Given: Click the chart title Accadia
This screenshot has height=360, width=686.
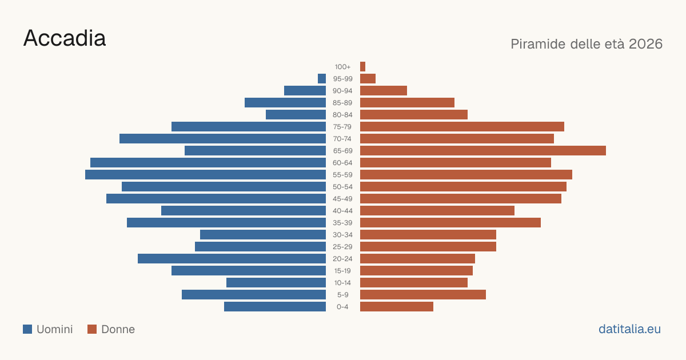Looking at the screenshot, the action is pyautogui.click(x=65, y=38).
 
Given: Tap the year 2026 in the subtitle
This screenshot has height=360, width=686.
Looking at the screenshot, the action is pyautogui.click(x=645, y=44).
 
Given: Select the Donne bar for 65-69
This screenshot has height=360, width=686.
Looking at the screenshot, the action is pyautogui.click(x=483, y=151).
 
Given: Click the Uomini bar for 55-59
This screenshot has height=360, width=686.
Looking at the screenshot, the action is pyautogui.click(x=205, y=174).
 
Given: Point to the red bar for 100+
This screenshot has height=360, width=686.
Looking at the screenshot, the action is pyautogui.click(x=362, y=66).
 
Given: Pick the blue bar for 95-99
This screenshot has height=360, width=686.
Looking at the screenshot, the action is pyautogui.click(x=322, y=78).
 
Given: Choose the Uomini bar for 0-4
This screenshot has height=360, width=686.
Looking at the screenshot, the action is pyautogui.click(x=275, y=306).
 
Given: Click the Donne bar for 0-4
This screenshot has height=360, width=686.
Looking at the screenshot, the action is pyautogui.click(x=397, y=306).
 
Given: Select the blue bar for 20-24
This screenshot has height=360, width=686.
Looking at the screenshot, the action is pyautogui.click(x=232, y=258).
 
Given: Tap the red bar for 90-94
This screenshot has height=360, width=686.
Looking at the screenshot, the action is pyautogui.click(x=384, y=91).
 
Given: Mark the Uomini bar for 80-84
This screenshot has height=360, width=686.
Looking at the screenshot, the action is pyautogui.click(x=296, y=114).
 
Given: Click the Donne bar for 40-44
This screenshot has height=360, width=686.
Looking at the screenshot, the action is pyautogui.click(x=437, y=211).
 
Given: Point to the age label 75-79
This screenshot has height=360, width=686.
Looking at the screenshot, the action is pyautogui.click(x=342, y=127).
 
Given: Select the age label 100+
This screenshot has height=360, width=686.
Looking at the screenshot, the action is pyautogui.click(x=342, y=67).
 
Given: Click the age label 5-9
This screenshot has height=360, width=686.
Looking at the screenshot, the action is pyautogui.click(x=342, y=295).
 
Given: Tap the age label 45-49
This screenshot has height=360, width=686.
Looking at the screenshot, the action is pyautogui.click(x=342, y=199).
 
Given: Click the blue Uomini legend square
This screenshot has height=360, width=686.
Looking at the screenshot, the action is pyautogui.click(x=27, y=329).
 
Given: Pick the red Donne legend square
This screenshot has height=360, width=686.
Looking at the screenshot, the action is pyautogui.click(x=92, y=329).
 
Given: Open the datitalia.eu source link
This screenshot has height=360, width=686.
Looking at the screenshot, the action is pyautogui.click(x=629, y=329).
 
